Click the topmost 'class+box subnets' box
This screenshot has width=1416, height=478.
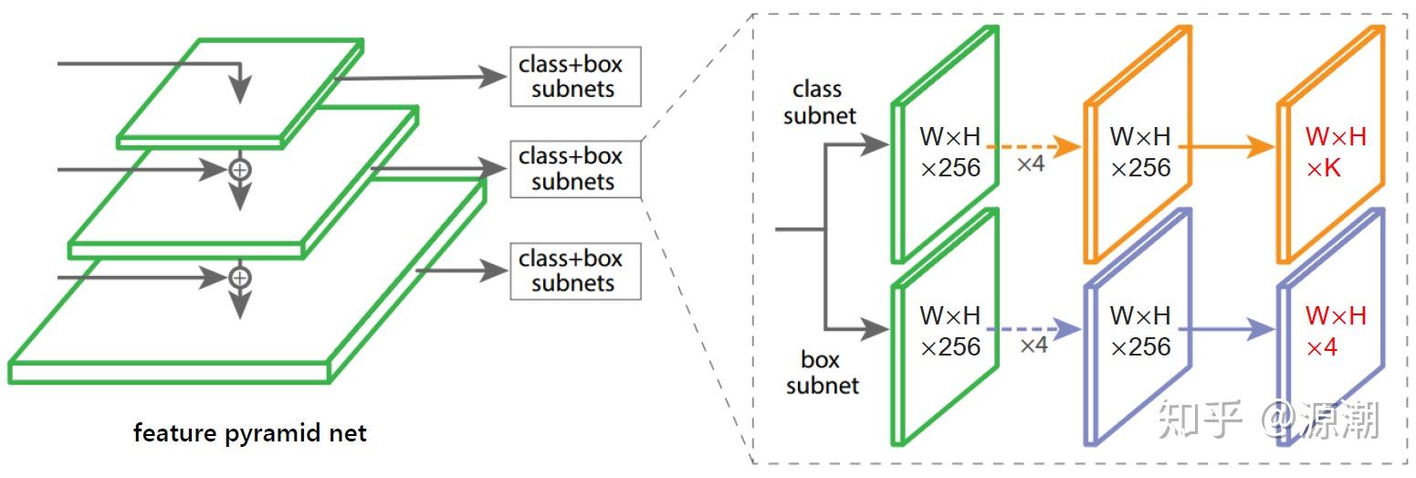574,77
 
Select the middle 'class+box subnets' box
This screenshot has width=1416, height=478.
574,169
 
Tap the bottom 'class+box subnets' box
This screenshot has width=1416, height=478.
574,271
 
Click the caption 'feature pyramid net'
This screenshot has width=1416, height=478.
249,432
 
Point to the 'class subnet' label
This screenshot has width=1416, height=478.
819,102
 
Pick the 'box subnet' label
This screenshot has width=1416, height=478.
822,372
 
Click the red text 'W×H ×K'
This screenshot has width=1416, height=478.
1335,153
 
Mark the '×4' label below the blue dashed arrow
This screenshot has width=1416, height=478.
1033,345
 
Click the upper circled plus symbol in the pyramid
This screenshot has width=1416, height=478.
239,169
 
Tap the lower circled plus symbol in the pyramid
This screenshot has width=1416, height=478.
239,276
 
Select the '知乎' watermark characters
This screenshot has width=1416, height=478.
1200,420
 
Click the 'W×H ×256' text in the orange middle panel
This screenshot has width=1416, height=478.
1139,153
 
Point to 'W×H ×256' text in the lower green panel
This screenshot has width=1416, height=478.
949,332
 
